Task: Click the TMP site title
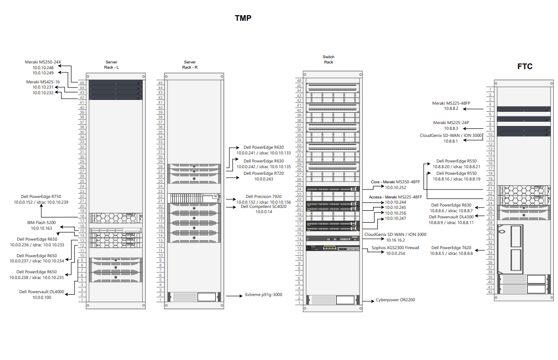pos(243,18)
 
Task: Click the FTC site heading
pos(524,66)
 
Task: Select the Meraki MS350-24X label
pos(43,62)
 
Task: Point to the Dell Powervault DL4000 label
pos(41,292)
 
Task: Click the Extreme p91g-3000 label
pos(263,295)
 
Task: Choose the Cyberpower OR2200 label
pos(395,300)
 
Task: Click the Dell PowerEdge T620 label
pos(451,248)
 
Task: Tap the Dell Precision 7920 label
pos(264,197)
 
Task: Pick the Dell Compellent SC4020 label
pos(264,207)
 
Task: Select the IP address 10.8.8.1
pos(451,141)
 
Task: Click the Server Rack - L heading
pos(111,64)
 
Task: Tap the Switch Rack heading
pos(329,59)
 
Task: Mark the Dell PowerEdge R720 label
pos(264,173)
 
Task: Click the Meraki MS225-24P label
pos(451,123)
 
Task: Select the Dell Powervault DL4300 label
pos(451,216)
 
